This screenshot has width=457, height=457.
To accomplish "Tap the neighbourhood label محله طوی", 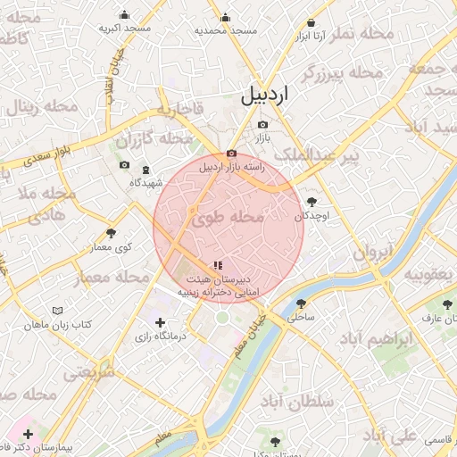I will pos(228,217).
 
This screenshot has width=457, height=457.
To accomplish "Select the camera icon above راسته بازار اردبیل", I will pos(232,154).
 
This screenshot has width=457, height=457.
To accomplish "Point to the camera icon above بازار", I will pos(262,126).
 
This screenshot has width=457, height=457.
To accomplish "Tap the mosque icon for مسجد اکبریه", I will pos(124,14).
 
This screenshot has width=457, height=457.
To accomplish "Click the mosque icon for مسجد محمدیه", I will pos(225,16).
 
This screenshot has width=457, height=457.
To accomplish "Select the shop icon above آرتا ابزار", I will pos(311,22).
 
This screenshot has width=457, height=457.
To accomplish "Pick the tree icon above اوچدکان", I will pos(312,203).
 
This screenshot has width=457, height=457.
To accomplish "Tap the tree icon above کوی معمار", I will pos(111,232).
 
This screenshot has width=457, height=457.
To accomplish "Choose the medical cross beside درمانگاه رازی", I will pos(160,322).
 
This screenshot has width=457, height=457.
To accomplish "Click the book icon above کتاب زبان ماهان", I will pos(58,311).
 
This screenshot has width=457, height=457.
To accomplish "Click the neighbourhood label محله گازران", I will pos(154,140).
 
